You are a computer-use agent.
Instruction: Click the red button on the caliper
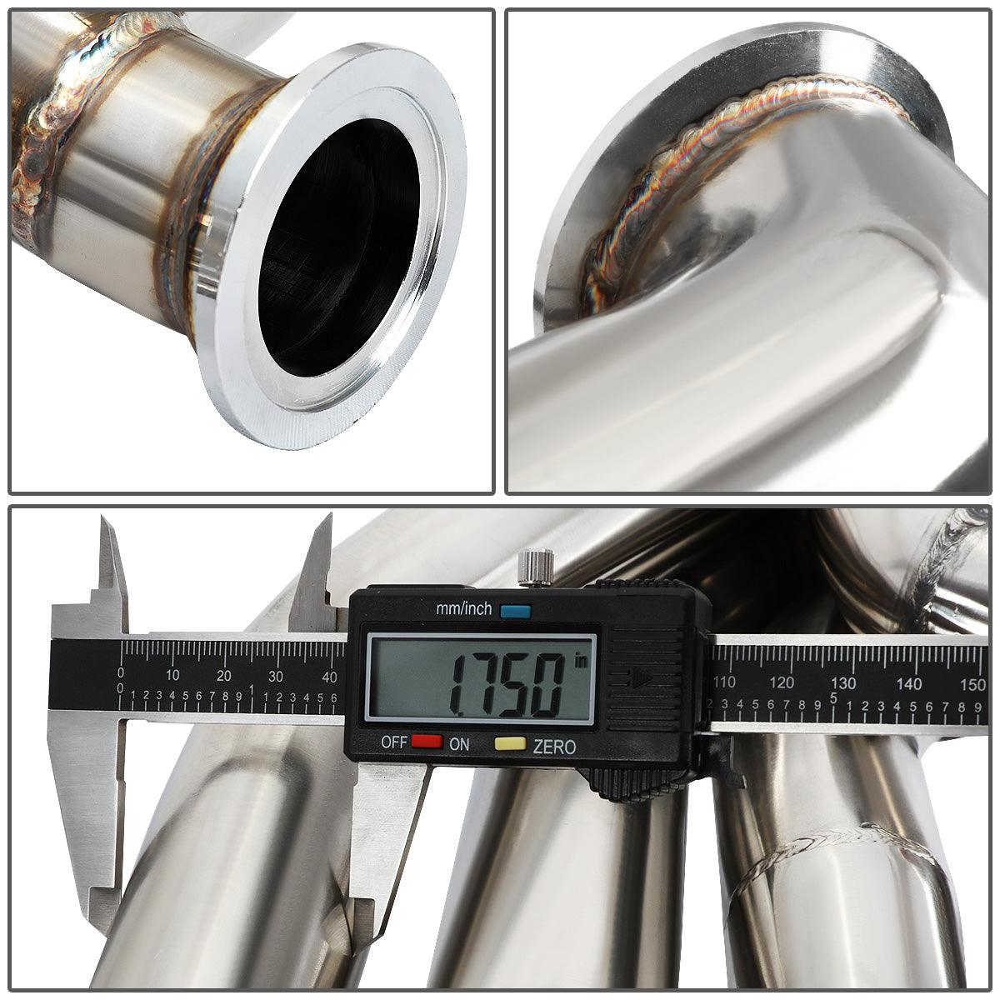coord(427,741)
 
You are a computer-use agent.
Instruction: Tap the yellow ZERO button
coord(510,743)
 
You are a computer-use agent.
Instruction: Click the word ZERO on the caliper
coord(554,746)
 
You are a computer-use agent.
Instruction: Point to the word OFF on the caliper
coord(394,742)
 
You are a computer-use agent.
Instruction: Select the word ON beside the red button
coord(458,744)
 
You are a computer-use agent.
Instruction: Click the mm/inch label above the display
coord(463,608)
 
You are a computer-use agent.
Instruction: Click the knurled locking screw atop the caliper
coord(536,567)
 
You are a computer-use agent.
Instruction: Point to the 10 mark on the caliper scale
coord(172,675)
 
